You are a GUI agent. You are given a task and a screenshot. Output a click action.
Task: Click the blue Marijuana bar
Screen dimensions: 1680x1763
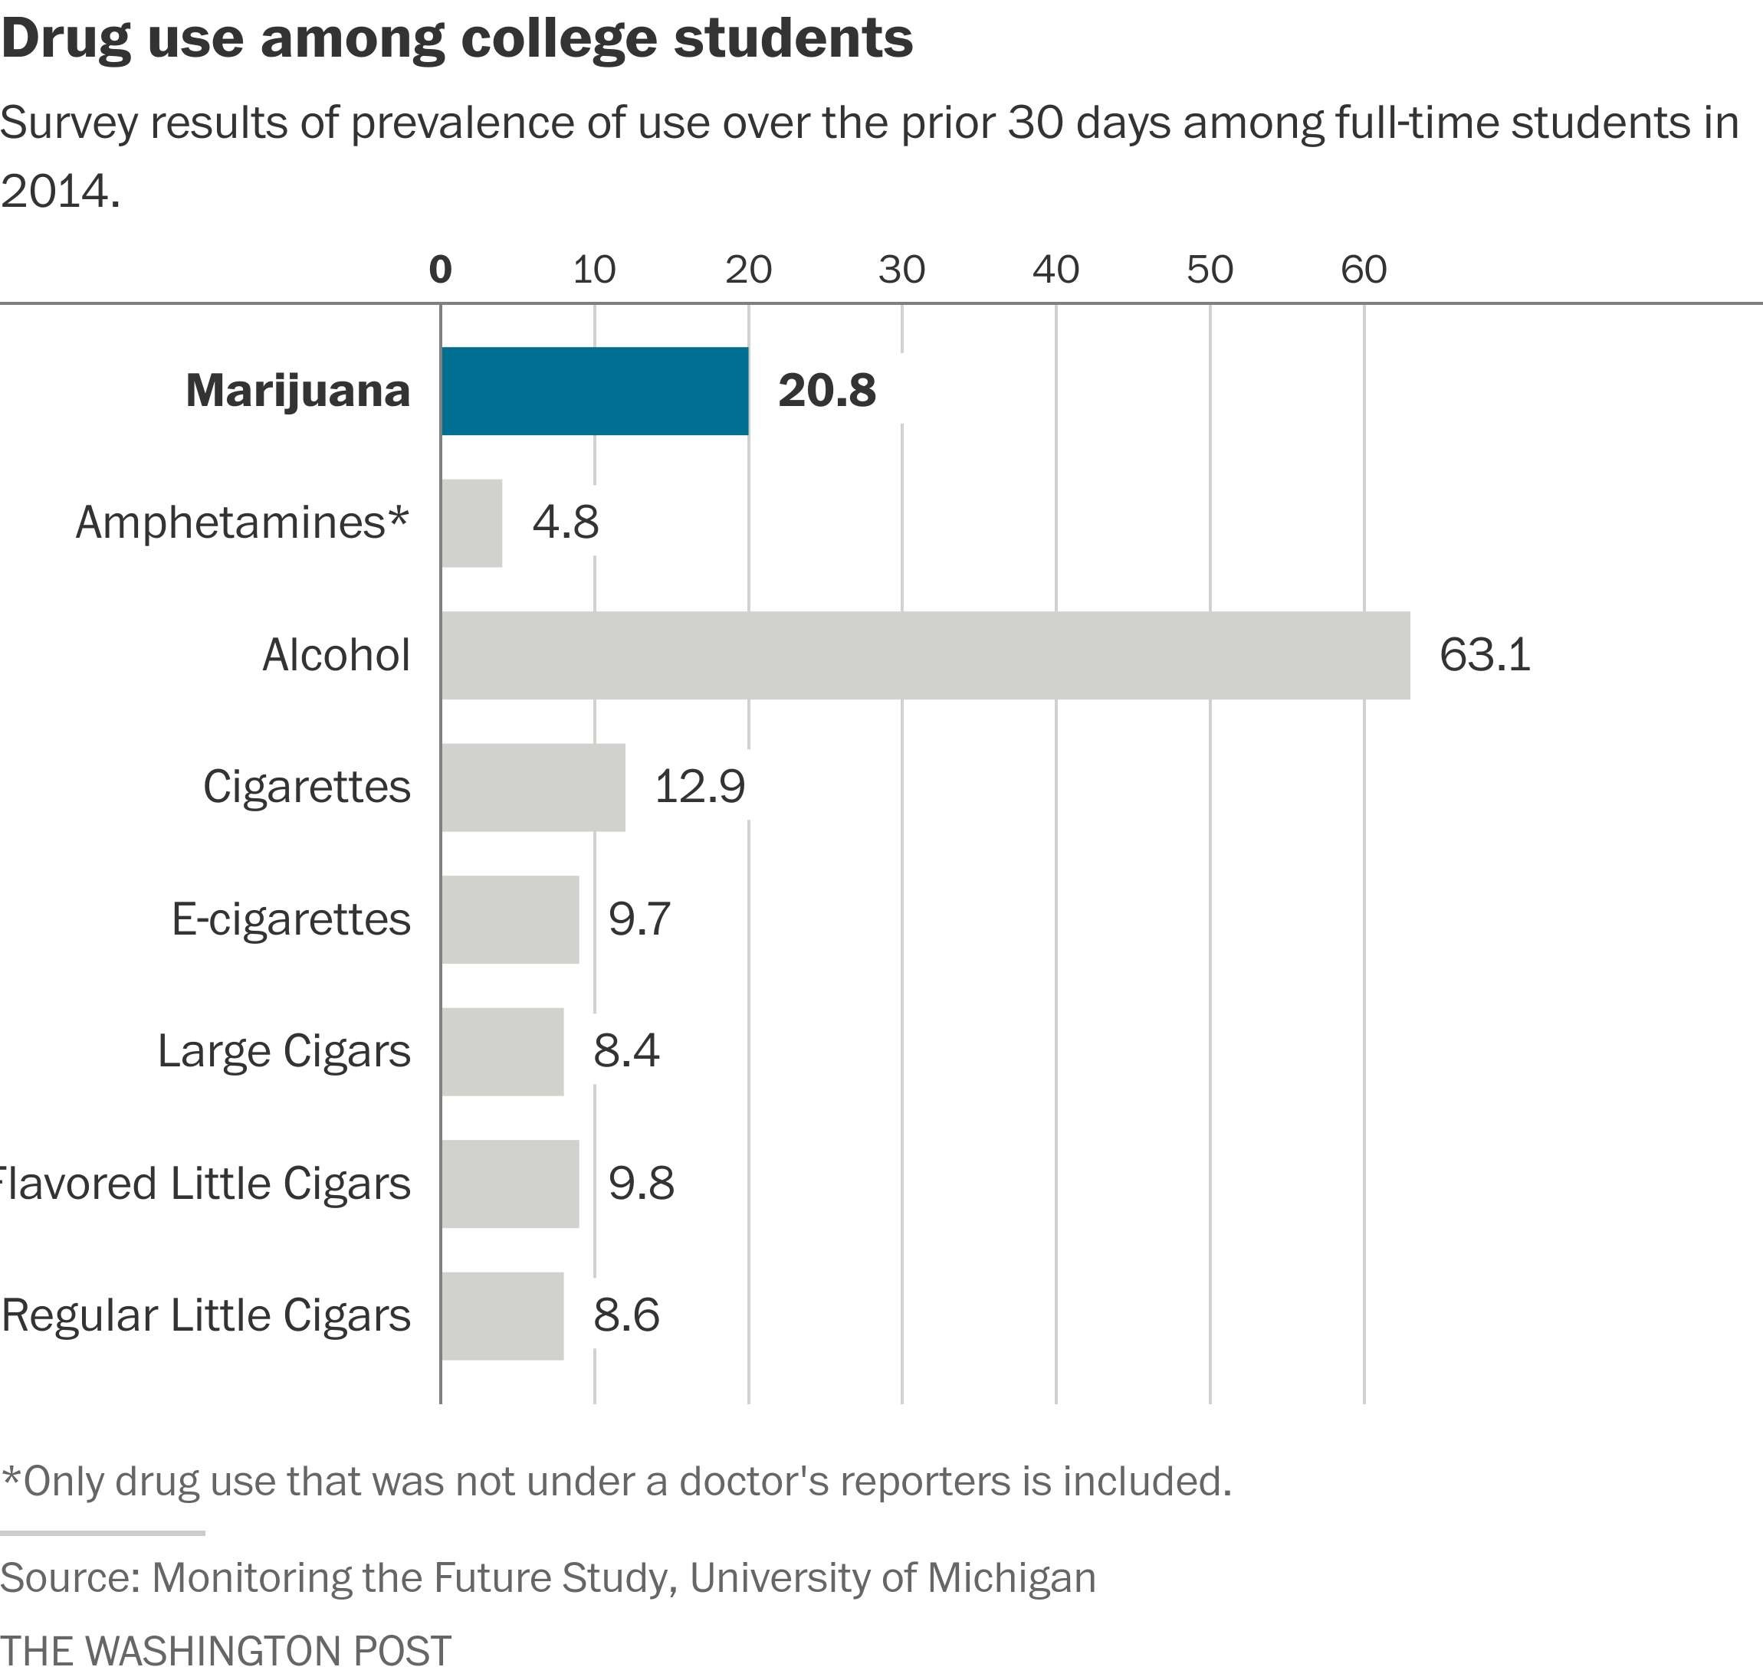(595, 391)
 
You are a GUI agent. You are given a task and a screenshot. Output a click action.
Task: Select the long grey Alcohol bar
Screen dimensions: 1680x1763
(924, 656)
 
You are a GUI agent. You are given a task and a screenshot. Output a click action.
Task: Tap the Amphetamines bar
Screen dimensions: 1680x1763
(472, 523)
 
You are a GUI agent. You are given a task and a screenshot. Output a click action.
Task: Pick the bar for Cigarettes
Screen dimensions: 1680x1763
(533, 788)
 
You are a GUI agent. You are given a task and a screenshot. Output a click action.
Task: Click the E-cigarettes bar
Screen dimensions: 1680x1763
(511, 920)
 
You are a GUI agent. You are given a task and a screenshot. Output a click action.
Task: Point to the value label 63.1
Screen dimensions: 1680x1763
(1485, 656)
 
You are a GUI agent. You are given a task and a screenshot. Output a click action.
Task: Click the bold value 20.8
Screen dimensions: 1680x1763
(826, 391)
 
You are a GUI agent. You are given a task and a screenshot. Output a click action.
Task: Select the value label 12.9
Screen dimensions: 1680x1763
(700, 788)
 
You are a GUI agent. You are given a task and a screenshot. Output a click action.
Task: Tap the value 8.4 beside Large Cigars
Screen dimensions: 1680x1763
(626, 1051)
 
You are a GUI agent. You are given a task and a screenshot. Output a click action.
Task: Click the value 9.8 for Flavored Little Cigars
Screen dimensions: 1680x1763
(641, 1184)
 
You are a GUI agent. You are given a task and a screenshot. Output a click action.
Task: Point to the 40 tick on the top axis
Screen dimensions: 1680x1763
(1056, 270)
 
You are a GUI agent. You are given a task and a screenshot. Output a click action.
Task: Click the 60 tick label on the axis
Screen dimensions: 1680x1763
(1364, 270)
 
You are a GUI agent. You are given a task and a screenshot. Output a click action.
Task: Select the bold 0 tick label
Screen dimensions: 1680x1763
(440, 270)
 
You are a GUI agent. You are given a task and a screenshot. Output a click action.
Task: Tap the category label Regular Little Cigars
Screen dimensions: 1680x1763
(206, 1315)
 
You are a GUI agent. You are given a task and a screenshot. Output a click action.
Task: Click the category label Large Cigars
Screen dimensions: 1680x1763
(284, 1051)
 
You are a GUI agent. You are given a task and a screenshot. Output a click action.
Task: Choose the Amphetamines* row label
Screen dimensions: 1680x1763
(242, 523)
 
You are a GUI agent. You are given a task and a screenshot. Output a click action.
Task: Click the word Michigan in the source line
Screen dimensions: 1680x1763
(1010, 1577)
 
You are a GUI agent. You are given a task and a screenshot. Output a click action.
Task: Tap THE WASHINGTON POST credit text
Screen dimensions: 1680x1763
(226, 1649)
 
